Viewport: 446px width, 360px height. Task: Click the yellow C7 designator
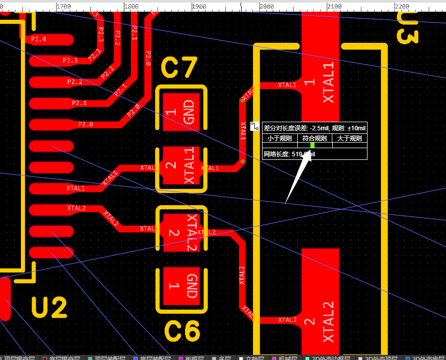coord(179,68)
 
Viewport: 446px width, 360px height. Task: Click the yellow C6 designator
coord(182,331)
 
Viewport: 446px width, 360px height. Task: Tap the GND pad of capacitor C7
coord(182,112)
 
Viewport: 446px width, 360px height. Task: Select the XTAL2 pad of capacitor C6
coord(182,232)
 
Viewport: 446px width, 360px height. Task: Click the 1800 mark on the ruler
coord(131,7)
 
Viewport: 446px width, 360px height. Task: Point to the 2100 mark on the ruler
coord(334,7)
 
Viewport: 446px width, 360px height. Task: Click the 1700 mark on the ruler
coord(63,7)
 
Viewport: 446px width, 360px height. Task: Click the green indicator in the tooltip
coord(312,145)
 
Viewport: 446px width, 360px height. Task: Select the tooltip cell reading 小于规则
coord(279,138)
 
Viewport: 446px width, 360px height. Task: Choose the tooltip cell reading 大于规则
coord(350,138)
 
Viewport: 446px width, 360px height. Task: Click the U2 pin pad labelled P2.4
coord(51,39)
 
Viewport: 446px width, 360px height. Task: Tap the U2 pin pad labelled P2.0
coord(51,124)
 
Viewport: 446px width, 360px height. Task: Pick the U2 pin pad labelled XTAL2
coord(51,209)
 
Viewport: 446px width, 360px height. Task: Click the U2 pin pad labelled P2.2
coord(51,82)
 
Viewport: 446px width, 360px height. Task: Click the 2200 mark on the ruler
coord(402,7)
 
